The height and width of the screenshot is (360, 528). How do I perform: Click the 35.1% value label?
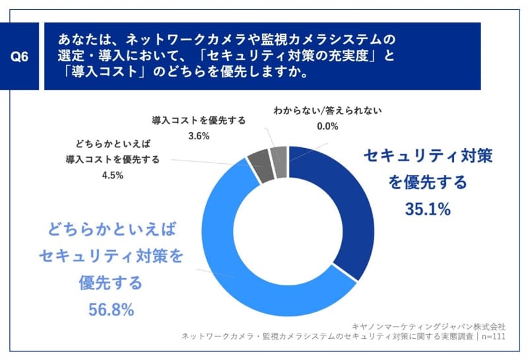pyautogui.click(x=428, y=209)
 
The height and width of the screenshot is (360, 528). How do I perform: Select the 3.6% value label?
pyautogui.click(x=199, y=136)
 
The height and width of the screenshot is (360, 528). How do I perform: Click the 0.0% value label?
pyautogui.click(x=327, y=126)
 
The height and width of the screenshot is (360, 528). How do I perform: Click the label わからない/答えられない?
pyautogui.click(x=328, y=110)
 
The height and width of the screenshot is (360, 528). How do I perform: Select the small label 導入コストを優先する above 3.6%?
pyautogui.click(x=199, y=120)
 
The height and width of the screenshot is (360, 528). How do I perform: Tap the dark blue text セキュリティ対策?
pyautogui.click(x=428, y=156)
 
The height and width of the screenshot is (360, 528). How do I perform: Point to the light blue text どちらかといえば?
pyautogui.click(x=112, y=230)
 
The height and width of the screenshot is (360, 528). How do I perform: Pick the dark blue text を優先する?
pyautogui.click(x=428, y=182)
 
